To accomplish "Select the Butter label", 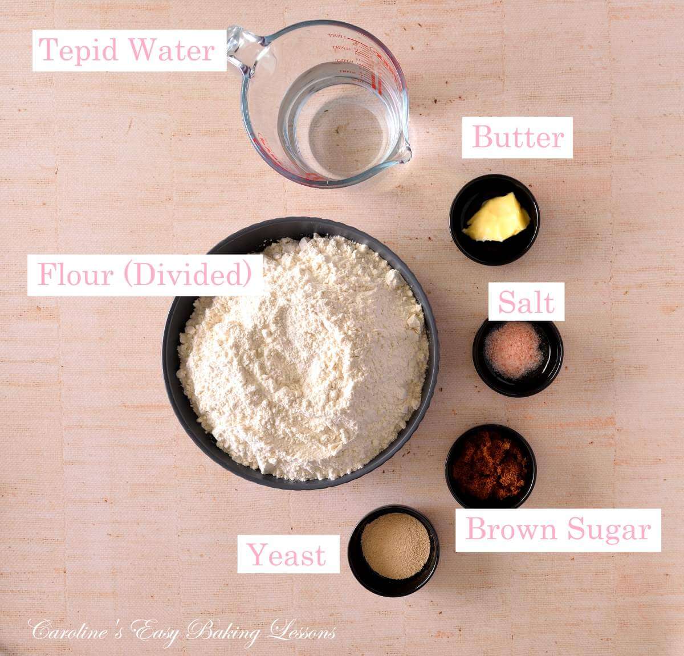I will tap(518, 137).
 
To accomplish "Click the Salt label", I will tap(526, 302).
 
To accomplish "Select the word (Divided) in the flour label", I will tap(188, 275).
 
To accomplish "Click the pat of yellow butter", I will tap(496, 217).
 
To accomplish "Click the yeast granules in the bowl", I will tap(395, 545).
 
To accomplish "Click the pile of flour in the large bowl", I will tap(302, 353).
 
